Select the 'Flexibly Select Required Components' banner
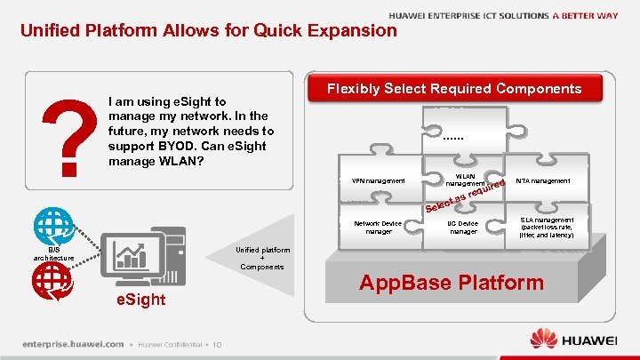454,88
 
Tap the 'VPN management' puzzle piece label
379,181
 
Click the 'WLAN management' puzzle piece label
465,179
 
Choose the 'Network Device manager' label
379,228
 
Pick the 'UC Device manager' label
463,228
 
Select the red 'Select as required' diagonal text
465,197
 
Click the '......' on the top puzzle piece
453,138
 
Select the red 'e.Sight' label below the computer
140,300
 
